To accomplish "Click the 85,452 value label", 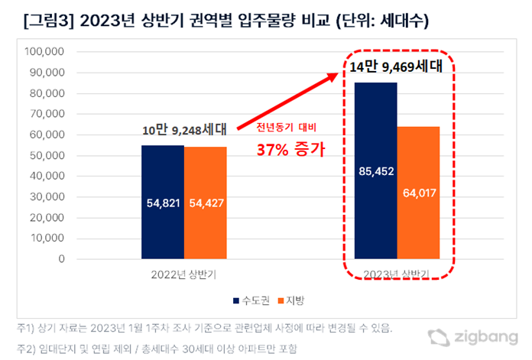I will pos(375,171).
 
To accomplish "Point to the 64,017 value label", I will pos(417,192).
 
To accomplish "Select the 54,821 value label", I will pos(162,203).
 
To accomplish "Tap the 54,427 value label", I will pos(205,203).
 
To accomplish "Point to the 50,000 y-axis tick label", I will pos(46,156).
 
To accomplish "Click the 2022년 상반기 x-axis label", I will pos(183,273).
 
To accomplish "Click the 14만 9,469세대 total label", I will pos(396,67).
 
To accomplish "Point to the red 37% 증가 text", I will pos(289,149).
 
